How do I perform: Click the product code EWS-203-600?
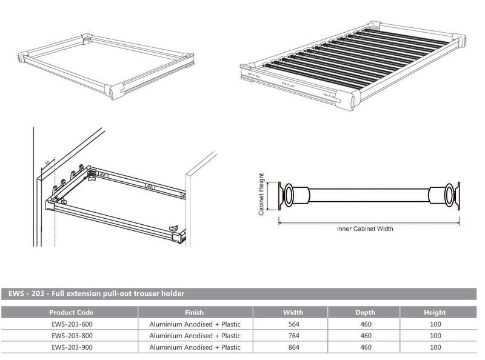pos(71,324)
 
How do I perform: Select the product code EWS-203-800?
pos(71,336)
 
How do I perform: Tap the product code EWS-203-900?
pos(71,347)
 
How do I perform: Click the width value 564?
pos(289,324)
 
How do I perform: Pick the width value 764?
pos(289,336)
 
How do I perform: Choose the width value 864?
pos(289,347)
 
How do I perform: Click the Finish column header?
pos(195,313)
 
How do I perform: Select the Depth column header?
pos(365,313)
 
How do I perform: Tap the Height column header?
pos(435,313)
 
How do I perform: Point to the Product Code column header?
pos(71,313)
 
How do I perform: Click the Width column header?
pos(289,313)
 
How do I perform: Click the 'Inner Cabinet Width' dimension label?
pos(365,228)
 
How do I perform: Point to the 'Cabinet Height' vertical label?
pos(261,195)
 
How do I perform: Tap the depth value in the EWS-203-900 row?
pos(365,347)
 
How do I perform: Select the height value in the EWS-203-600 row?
pos(435,324)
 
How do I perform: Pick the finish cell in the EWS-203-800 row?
pos(195,336)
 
